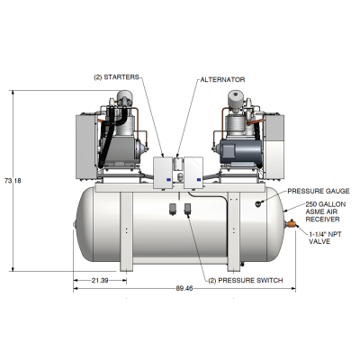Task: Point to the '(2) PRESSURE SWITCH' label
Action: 246,281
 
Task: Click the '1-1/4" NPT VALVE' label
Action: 325,237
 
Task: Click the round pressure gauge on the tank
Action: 258,203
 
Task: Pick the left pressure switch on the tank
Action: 172,211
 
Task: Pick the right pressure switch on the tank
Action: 186,211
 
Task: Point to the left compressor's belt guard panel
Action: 85,141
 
